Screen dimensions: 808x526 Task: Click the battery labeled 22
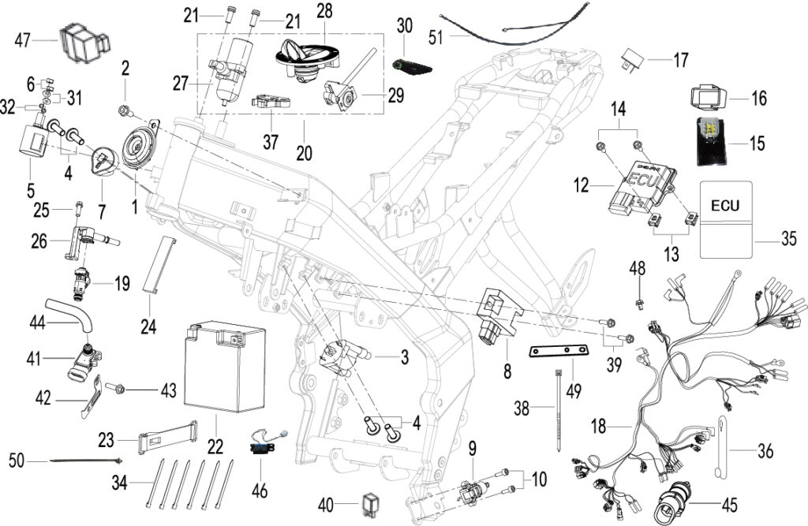(225, 366)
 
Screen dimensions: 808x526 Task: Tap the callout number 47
(23, 40)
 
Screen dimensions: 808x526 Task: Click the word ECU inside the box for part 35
(725, 206)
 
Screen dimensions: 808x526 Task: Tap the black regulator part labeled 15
(712, 142)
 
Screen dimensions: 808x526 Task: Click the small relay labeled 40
(371, 505)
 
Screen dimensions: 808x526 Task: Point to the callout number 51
(436, 38)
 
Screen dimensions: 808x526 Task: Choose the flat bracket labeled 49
(559, 352)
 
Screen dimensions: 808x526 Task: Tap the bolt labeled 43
(115, 387)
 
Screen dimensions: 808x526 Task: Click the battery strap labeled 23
(168, 437)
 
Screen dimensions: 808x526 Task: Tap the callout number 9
(473, 449)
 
